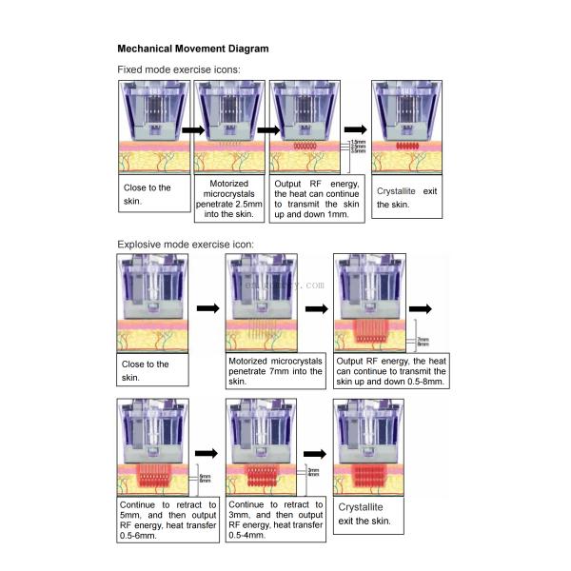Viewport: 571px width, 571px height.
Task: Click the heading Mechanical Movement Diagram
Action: point(192,49)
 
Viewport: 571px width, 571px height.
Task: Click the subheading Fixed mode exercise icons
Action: point(178,69)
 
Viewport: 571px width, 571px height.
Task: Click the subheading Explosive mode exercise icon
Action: point(186,244)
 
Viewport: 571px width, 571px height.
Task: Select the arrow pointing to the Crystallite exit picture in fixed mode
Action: point(355,130)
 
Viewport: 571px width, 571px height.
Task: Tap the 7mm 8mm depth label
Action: point(423,340)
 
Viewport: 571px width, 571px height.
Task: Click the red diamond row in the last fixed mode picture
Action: point(406,147)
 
